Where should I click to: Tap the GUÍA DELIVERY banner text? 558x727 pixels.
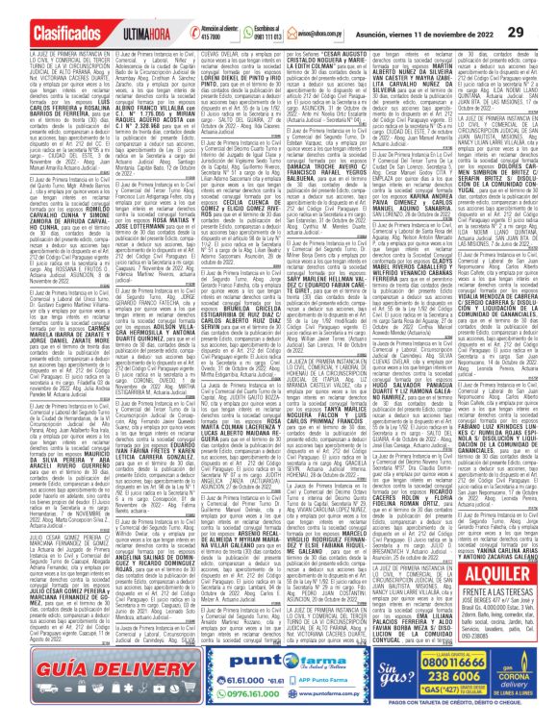pos(67,667)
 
